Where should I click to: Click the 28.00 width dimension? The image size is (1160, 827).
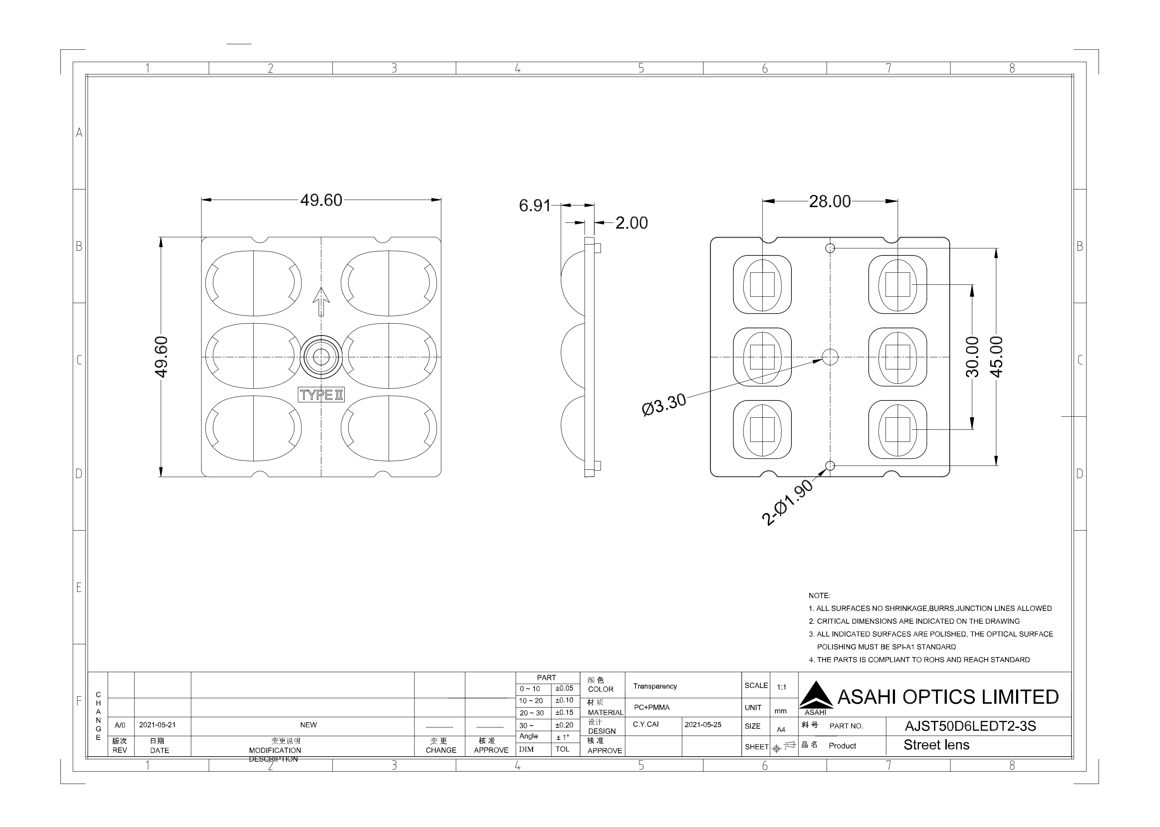click(x=830, y=201)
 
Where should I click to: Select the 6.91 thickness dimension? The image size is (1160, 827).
click(x=534, y=206)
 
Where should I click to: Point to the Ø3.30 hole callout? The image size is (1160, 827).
click(x=664, y=405)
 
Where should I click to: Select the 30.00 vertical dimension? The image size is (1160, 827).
click(x=972, y=357)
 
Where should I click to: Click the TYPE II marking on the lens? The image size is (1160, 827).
click(x=321, y=395)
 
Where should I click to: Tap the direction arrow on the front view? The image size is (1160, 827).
click(x=321, y=302)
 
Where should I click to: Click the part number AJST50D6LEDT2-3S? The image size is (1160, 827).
click(x=970, y=726)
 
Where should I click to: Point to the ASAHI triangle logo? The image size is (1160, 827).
click(x=816, y=695)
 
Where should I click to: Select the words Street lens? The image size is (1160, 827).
click(x=936, y=745)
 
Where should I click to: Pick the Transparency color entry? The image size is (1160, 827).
click(x=655, y=687)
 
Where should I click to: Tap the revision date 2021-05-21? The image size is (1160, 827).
click(x=157, y=724)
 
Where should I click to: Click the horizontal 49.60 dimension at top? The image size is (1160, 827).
click(x=321, y=200)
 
